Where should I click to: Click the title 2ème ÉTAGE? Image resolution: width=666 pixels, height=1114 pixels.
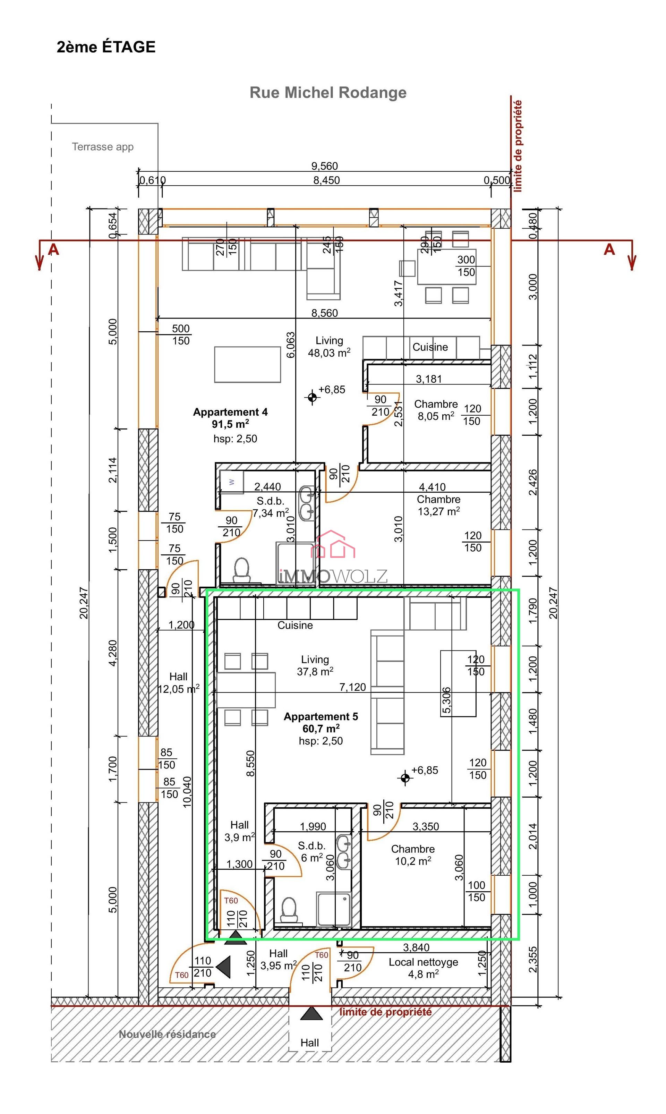106,47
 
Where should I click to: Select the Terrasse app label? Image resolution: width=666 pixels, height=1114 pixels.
103,147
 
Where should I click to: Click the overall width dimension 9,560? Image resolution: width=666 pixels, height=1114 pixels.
324,166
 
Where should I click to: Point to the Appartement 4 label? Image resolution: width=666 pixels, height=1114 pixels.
230,412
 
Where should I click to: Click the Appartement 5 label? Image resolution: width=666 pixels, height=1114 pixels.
321,717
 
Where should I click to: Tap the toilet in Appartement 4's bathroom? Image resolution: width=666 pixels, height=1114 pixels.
242,570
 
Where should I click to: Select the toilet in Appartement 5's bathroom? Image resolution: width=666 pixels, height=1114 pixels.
289,910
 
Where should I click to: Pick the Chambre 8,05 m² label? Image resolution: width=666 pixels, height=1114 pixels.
435,410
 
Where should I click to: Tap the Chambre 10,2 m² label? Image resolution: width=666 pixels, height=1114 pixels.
412,855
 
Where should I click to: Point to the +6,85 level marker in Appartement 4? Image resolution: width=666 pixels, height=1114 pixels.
312,397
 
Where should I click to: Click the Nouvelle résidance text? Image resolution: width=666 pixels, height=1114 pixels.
167,1035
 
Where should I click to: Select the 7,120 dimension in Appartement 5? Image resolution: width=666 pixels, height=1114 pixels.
352,687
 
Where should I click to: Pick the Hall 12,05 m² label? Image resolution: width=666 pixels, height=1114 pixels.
178,683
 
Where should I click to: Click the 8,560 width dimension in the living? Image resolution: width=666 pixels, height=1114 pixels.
324,313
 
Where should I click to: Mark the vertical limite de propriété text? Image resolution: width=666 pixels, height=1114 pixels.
518,146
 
